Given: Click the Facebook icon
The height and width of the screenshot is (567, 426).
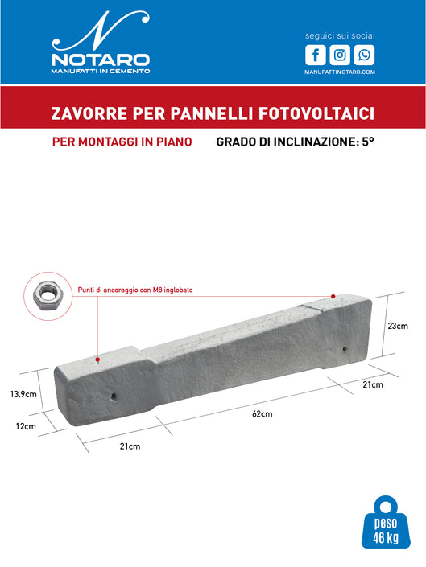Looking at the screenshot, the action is pos(316,55).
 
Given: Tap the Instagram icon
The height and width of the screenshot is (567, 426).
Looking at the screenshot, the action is pos(341,55).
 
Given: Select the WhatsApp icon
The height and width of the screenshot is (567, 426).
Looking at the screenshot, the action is pos(365,55).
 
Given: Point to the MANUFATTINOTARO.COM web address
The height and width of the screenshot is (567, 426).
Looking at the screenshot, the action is pos(340,72).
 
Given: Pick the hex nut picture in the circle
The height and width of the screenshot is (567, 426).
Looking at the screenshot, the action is pos(49,297).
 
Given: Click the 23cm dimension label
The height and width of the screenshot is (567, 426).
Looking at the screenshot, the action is pos(397,326).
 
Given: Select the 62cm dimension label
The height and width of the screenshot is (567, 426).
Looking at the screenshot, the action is pos(262,414).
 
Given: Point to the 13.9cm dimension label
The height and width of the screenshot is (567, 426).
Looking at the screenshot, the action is pos(23,394).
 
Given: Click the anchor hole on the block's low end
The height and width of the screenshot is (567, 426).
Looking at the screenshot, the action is pos(113,396).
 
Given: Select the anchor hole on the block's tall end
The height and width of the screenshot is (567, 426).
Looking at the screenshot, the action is pos(345,350).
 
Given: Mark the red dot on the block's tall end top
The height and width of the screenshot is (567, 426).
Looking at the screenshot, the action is pos(332,296).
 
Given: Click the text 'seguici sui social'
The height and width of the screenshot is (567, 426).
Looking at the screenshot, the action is pos(340,36).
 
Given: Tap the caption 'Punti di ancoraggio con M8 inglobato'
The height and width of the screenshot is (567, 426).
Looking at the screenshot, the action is pos(135,290).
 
